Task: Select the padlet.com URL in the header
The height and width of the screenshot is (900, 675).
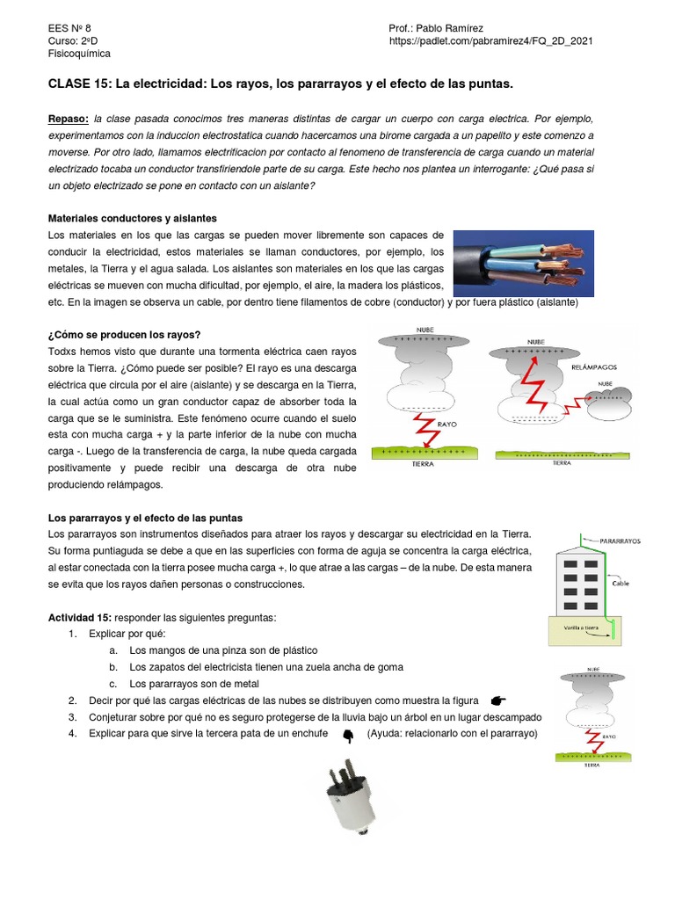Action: [491, 41]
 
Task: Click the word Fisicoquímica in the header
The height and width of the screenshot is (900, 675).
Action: [79, 54]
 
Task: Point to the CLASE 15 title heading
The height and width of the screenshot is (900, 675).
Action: [279, 83]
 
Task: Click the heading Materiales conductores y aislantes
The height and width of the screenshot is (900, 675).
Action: [132, 218]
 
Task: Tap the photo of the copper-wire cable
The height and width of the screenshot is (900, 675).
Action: [523, 264]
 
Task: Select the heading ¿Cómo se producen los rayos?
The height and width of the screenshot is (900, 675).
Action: [124, 335]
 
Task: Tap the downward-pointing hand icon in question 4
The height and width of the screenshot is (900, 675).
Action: [347, 735]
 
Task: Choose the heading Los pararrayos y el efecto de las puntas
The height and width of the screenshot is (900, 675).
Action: [145, 519]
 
